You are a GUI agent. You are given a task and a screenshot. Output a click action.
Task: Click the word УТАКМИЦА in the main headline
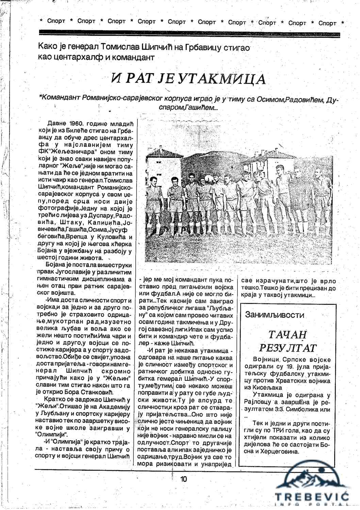click(x=222, y=78)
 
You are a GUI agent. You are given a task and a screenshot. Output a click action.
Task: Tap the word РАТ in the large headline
click(x=140, y=78)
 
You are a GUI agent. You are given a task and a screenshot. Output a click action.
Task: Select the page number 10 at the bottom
click(x=183, y=479)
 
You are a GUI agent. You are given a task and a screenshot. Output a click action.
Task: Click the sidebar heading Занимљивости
click(x=275, y=314)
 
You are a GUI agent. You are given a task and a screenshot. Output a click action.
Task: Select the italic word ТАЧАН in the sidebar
click(x=288, y=335)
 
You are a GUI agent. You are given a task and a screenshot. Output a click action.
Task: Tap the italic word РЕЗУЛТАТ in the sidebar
click(x=288, y=348)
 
